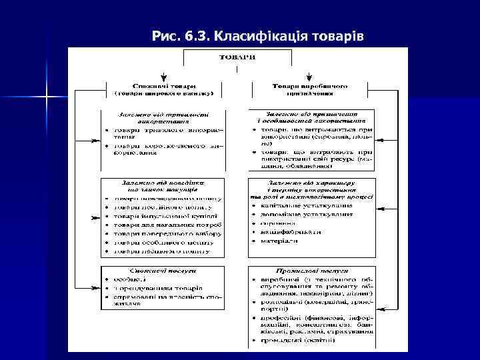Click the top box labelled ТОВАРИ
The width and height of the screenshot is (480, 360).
(237, 57)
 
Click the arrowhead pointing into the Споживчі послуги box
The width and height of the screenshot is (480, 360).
(96, 285)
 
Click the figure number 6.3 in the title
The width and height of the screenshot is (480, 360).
(193, 34)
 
